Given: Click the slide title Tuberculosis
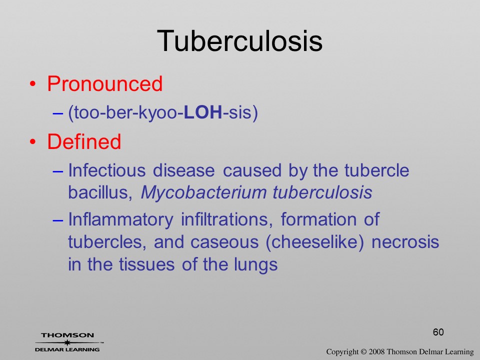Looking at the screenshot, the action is pyautogui.click(x=239, y=41).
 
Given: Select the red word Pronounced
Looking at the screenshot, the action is pyautogui.click(x=104, y=83).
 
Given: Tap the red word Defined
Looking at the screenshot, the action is pyautogui.click(x=84, y=141).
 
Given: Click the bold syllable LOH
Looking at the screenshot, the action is pyautogui.click(x=203, y=112).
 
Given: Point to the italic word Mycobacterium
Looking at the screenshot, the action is pyautogui.click(x=204, y=193).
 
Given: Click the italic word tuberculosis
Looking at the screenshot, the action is pyautogui.click(x=322, y=192).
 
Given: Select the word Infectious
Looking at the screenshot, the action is pyautogui.click(x=106, y=170).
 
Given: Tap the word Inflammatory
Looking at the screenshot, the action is pyautogui.click(x=120, y=220).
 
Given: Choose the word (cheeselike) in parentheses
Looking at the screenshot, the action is pyautogui.click(x=315, y=242).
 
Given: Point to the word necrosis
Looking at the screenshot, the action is pyautogui.click(x=405, y=242).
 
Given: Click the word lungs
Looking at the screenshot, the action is pyautogui.click(x=255, y=265).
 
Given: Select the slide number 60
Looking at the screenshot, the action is pyautogui.click(x=438, y=332).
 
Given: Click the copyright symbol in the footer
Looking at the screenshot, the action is pyautogui.click(x=363, y=351).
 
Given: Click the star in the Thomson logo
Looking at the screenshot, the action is pyautogui.click(x=67, y=342).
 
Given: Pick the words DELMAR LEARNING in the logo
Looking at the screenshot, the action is pyautogui.click(x=67, y=349).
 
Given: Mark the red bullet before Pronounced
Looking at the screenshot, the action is pyautogui.click(x=33, y=84).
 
